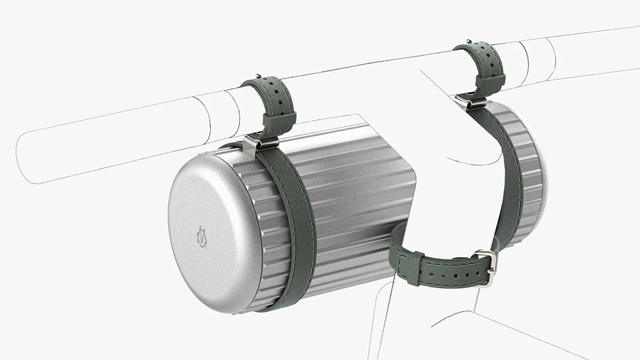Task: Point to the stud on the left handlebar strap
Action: (258, 75)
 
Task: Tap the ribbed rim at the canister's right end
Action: (528, 176)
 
